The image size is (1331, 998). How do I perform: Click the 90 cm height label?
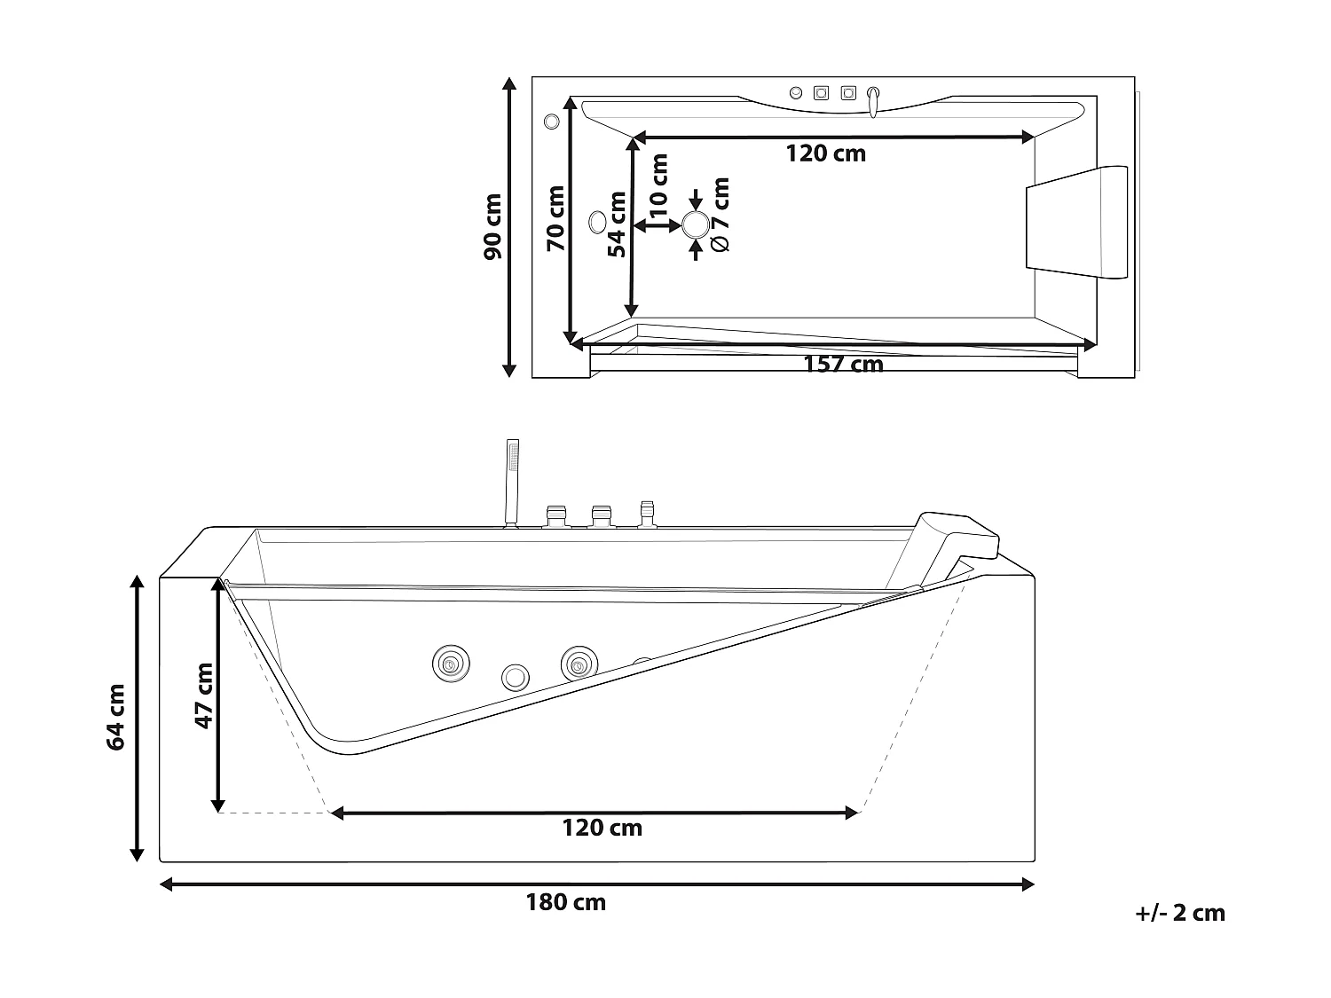(x=492, y=227)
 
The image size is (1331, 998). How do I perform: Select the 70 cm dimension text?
(x=555, y=218)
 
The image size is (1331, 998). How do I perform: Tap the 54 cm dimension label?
(x=617, y=225)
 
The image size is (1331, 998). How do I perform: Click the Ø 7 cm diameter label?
(x=720, y=215)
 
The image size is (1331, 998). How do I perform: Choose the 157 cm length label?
(x=843, y=365)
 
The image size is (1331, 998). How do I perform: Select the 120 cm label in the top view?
(x=825, y=153)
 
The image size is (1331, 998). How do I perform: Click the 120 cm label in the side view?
(x=602, y=829)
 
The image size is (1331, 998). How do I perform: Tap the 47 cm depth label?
(x=204, y=695)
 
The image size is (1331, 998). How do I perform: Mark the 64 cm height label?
(x=116, y=717)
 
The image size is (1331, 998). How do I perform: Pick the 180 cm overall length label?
(x=566, y=903)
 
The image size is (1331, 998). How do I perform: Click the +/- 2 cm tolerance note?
(x=1180, y=913)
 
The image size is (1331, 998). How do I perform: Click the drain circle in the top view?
(x=695, y=224)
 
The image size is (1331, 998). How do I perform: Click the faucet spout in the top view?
(x=874, y=101)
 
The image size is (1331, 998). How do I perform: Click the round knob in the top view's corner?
(x=551, y=121)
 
